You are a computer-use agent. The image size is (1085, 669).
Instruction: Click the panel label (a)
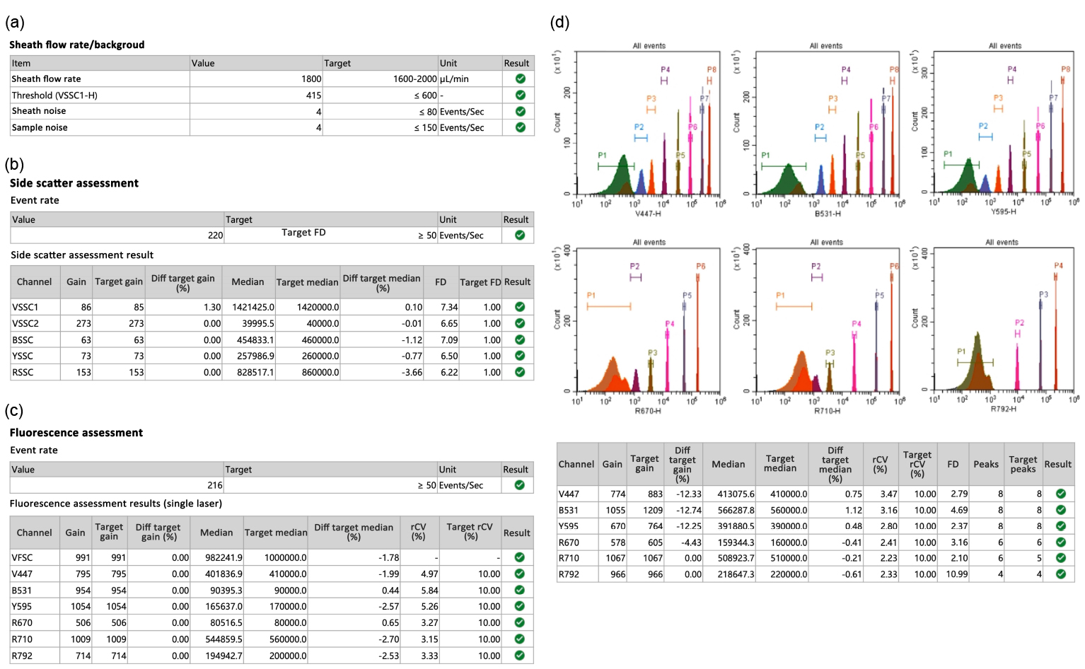15,23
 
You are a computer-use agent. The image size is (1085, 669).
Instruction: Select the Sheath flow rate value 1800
311,79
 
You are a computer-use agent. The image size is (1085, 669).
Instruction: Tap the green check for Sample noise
521,127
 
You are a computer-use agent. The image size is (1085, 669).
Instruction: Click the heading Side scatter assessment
74,183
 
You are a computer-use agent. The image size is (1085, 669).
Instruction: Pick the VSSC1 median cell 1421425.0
253,308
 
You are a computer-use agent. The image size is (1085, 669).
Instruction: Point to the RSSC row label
23,373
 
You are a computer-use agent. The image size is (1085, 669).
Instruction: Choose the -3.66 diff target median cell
412,373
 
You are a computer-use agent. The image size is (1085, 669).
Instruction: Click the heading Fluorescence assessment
76,433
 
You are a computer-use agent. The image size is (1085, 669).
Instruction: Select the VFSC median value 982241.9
221,558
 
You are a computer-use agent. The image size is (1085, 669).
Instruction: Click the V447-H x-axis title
648,214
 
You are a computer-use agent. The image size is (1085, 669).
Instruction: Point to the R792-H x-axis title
1003,409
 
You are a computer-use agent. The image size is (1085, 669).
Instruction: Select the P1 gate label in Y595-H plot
948,154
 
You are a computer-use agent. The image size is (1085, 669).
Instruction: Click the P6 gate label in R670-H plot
700,267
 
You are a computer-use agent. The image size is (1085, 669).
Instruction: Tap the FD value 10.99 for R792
957,574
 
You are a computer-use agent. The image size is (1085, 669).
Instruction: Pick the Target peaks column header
1023,464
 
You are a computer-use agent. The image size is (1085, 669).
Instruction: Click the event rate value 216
215,486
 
